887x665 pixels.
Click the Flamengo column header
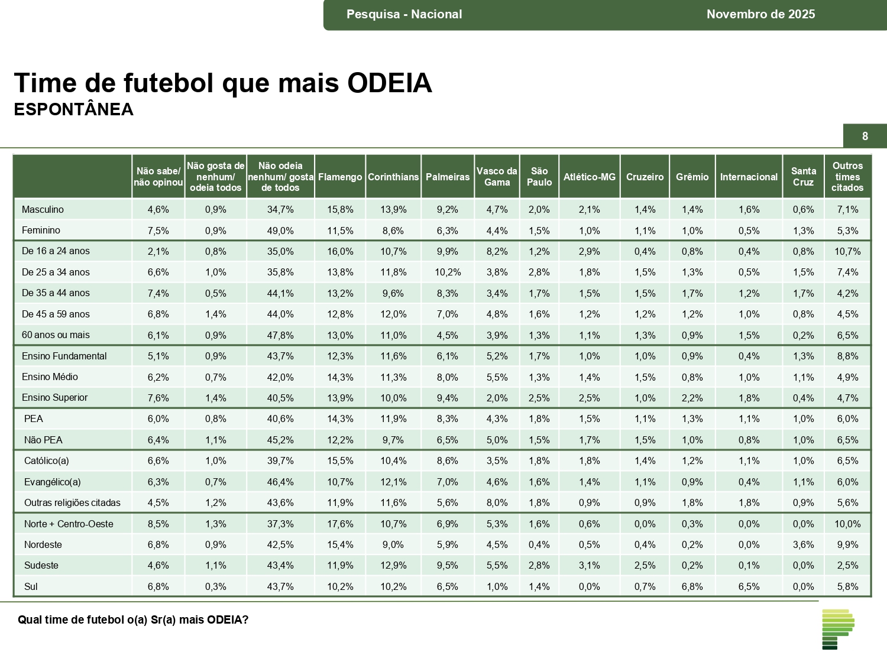(x=340, y=177)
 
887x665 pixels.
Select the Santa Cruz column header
(x=803, y=177)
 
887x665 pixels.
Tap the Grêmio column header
(x=692, y=177)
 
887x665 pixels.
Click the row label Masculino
(x=43, y=209)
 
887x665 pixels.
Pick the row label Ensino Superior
(x=54, y=398)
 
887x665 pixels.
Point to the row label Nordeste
(x=43, y=544)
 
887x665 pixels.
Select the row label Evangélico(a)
(x=53, y=482)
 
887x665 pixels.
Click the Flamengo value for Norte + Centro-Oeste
(x=340, y=524)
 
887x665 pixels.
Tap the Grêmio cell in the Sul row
(x=692, y=586)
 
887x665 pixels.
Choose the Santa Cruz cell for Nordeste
(x=803, y=544)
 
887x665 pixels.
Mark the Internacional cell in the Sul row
(x=749, y=586)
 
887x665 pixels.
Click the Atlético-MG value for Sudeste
(x=589, y=566)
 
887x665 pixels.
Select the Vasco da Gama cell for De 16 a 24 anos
(x=497, y=251)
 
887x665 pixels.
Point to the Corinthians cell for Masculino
(x=393, y=209)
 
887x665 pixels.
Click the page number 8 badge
(x=865, y=137)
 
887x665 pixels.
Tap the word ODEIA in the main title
(x=390, y=83)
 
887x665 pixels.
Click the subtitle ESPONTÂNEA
(x=74, y=110)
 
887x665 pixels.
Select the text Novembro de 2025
(x=760, y=14)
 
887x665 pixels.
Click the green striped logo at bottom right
(x=838, y=629)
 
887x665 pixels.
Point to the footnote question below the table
(x=133, y=619)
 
